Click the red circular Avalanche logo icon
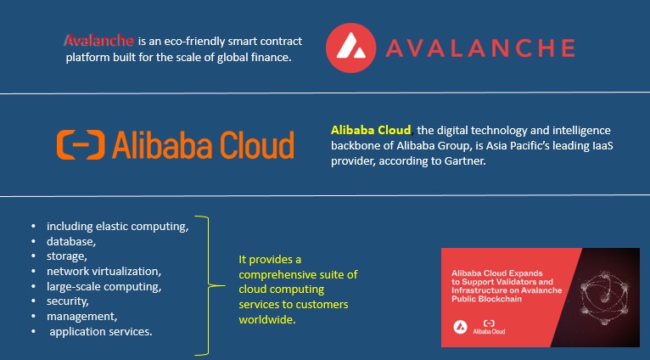(350, 48)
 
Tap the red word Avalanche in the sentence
(100, 41)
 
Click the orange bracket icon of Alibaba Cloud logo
(81, 144)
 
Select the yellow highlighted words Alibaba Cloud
(371, 130)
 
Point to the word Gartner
(466, 161)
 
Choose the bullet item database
(71, 241)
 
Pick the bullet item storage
(67, 256)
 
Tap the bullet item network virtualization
(104, 271)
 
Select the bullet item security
(68, 301)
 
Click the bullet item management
(81, 317)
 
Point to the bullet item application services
(101, 331)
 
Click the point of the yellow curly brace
(224, 285)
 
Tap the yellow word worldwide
(267, 320)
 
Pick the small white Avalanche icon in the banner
(460, 327)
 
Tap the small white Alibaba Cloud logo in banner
(489, 327)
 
